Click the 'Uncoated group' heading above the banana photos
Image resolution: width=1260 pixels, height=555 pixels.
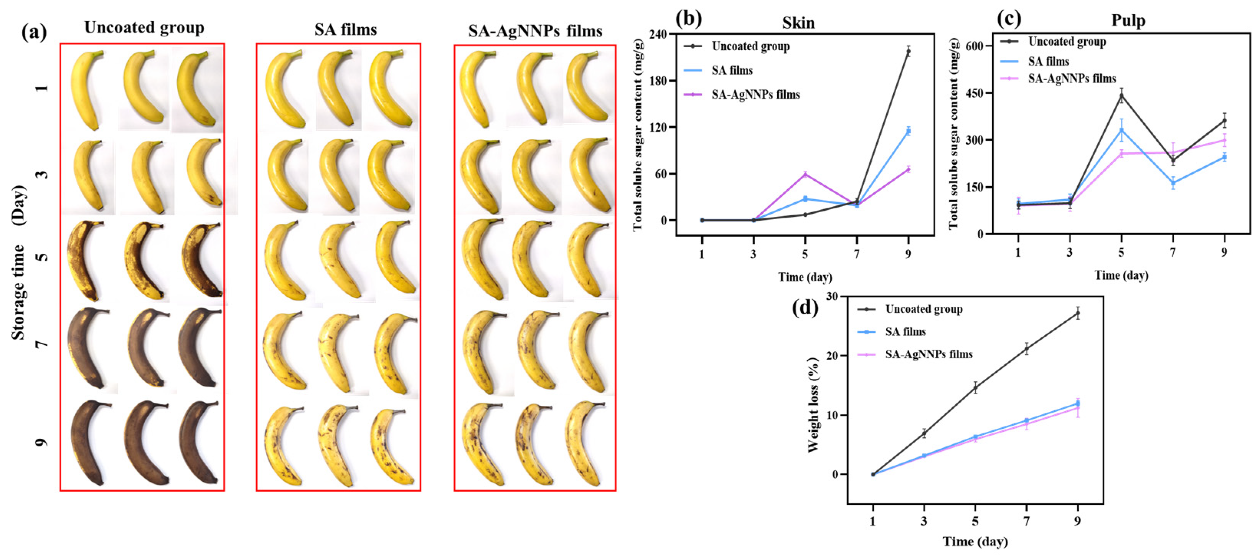tap(144, 27)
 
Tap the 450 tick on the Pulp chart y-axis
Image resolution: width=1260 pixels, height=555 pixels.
tap(974, 93)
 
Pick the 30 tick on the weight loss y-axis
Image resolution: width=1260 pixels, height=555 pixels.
tap(831, 297)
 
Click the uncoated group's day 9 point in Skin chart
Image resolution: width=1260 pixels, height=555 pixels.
tap(908, 51)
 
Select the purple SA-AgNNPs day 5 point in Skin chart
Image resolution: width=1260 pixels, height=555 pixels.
tap(805, 174)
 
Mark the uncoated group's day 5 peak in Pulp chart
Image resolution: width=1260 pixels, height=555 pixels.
tap(1121, 96)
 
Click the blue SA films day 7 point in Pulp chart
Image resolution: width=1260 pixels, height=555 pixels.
tap(1173, 183)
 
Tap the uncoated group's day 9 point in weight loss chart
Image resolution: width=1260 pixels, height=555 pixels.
tap(1077, 313)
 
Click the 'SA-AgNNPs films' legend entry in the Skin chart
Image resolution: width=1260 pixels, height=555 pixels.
tap(755, 94)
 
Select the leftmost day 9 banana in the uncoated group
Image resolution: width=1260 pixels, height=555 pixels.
tap(88, 443)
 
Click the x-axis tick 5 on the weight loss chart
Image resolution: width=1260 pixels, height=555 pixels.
tap(975, 522)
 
